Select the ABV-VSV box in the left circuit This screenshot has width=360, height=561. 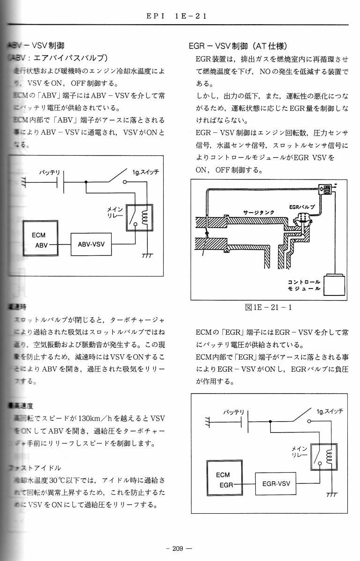[91, 244]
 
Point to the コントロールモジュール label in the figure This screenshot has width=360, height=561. [304, 285]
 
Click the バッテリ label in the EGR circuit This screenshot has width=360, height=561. [233, 412]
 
